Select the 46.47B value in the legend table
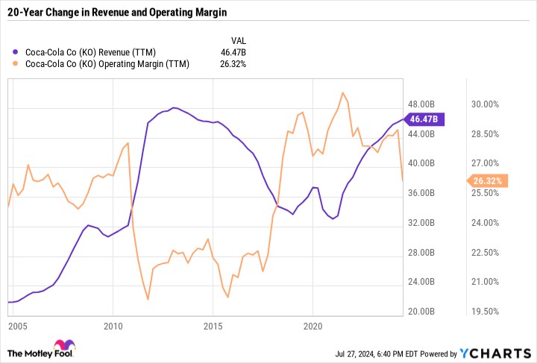(233, 52)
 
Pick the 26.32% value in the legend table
(232, 64)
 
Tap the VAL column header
(237, 40)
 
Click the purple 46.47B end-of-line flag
(424, 119)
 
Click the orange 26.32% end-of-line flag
(488, 180)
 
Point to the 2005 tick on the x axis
(18, 326)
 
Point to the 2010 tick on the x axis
(113, 326)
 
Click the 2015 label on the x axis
(213, 326)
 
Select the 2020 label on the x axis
(313, 326)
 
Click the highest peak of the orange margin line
(342, 93)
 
